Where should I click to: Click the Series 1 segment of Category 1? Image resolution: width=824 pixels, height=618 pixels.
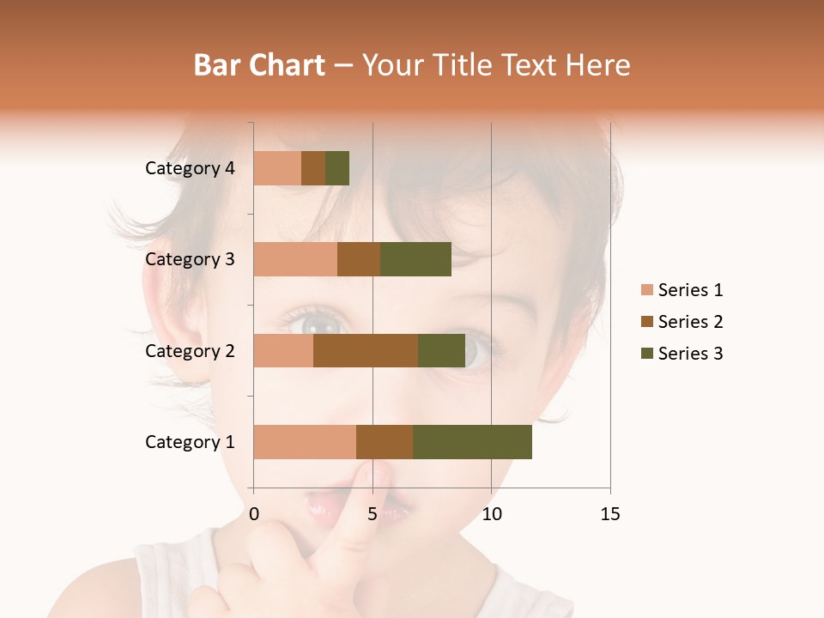coord(305,442)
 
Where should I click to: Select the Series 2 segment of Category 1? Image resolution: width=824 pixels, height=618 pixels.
coord(385,442)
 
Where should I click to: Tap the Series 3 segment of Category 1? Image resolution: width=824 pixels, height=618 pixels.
coord(472,442)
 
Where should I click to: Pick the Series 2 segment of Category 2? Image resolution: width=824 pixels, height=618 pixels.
coord(366,350)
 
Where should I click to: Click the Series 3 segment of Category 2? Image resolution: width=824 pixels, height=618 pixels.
coord(441,350)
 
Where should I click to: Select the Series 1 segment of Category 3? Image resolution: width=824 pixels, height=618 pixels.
coord(295,259)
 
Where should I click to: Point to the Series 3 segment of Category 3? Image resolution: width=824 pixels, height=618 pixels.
coord(415,259)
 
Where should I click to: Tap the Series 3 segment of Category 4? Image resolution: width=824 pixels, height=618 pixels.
coord(337,168)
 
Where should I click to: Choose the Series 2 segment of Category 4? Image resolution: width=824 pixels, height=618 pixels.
coord(313,168)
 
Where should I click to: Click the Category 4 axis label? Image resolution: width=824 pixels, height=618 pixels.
coord(190,168)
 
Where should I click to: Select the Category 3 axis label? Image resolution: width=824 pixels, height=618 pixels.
coord(190,259)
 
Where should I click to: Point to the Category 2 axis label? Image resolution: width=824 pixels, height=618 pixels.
coord(190,350)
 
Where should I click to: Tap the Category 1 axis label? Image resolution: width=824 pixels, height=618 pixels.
coord(190,442)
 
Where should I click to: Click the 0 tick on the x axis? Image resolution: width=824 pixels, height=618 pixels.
coord(254,514)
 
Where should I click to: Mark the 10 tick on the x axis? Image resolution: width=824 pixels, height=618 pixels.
coord(491,514)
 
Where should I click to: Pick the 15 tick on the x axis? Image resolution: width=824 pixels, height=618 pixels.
coord(610,514)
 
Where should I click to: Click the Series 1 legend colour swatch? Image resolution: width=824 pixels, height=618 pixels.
coord(646,290)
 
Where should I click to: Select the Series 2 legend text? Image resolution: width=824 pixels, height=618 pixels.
coord(690,322)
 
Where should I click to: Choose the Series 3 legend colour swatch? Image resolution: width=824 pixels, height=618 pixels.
coord(646,354)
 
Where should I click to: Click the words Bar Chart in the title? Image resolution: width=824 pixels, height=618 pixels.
coord(259,65)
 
